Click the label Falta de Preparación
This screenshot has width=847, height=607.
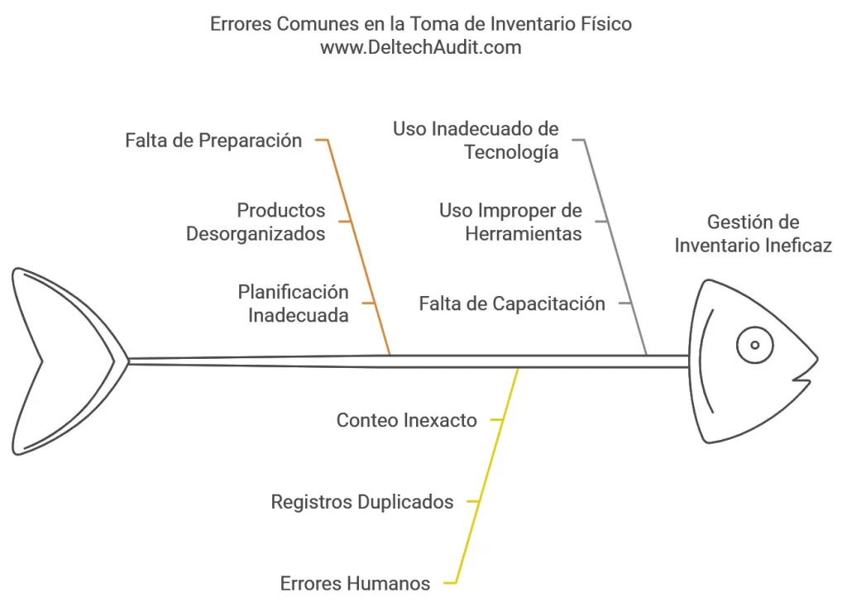pos(213,141)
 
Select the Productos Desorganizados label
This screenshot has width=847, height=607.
pos(256,222)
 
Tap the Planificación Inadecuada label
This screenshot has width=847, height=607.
pos(294,303)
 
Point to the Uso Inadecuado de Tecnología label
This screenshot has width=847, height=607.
pos(476,141)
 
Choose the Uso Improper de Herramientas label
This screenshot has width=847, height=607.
pos(510,222)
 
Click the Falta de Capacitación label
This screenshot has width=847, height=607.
pos(512,303)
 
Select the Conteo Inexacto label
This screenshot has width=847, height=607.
pos(407,420)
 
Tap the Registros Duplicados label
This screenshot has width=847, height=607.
pos(362,502)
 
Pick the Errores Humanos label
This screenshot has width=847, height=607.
pos(355,583)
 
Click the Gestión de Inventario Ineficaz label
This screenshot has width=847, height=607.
pos(753,234)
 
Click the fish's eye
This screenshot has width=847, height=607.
pos(754,345)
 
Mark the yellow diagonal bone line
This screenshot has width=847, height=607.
pos(487,476)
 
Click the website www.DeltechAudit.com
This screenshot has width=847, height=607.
pos(421,47)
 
